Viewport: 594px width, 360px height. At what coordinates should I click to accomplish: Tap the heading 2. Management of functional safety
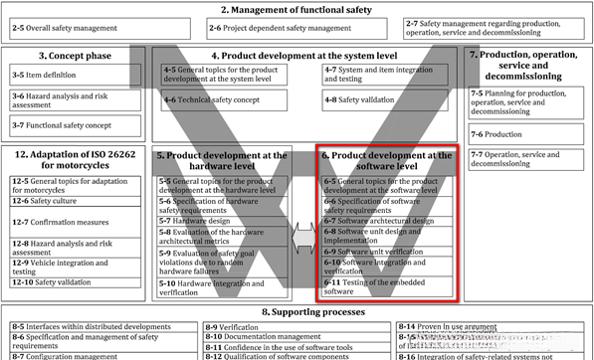[x=297, y=9]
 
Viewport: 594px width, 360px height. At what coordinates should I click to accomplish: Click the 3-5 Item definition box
[x=75, y=74]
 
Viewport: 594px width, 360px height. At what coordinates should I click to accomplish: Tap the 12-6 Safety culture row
[x=75, y=200]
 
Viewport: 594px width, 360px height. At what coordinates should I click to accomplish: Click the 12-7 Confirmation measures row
[x=75, y=224]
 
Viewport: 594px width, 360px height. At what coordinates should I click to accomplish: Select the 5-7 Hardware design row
[x=223, y=221]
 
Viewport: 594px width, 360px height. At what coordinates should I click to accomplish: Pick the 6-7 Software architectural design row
[x=387, y=221]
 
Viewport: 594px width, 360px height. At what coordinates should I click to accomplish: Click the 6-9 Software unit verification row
[x=387, y=251]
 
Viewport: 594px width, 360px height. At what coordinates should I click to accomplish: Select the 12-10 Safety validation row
[x=75, y=282]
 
